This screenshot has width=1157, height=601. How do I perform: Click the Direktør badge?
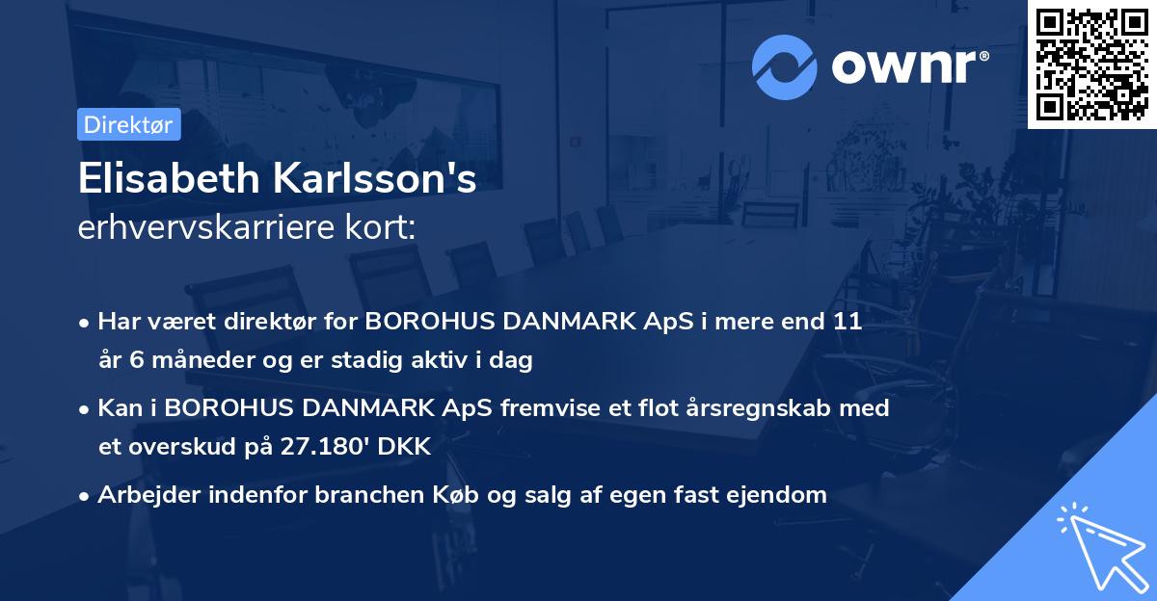tap(129, 124)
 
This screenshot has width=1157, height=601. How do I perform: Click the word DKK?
tap(407, 447)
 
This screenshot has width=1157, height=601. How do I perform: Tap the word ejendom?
tap(779, 495)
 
